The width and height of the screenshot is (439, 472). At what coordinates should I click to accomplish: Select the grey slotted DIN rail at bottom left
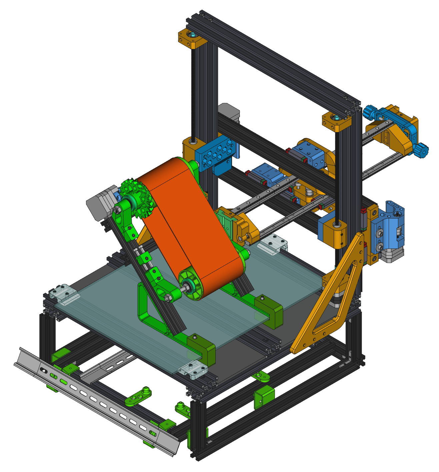click(x=97, y=400)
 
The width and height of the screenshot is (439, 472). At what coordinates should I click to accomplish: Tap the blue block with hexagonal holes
click(x=213, y=153)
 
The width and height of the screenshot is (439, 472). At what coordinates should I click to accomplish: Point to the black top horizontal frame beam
click(x=273, y=60)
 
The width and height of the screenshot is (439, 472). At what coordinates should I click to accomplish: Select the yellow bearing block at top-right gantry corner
click(x=337, y=122)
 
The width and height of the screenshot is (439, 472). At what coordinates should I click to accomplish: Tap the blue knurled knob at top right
click(x=370, y=112)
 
